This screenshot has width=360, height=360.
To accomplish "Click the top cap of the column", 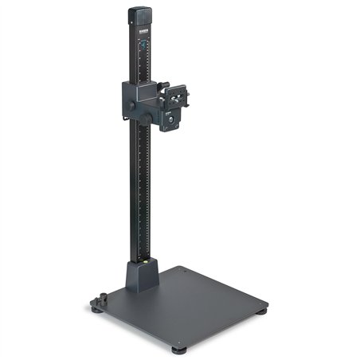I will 140,14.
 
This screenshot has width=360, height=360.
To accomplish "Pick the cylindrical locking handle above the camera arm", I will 162,85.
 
